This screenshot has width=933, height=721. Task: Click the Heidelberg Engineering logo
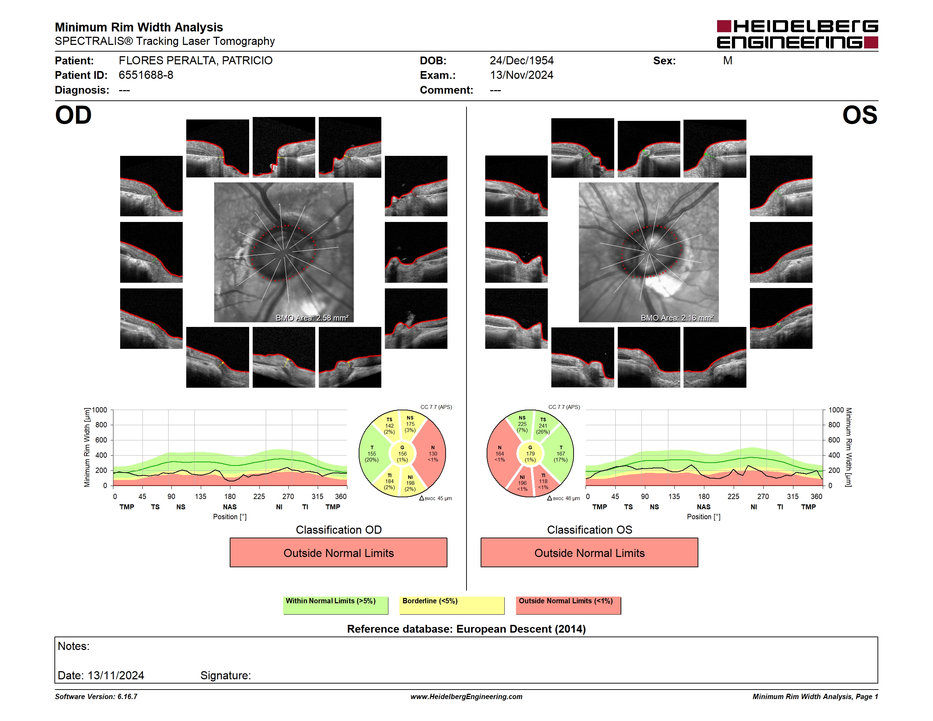[x=797, y=34]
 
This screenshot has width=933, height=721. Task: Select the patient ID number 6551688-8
[x=146, y=75]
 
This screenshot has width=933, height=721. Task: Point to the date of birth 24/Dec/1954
[x=522, y=61]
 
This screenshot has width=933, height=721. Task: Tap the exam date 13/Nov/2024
[x=522, y=75]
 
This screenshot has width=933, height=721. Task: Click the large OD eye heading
[x=74, y=115]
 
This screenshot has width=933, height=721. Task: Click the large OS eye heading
[x=860, y=115]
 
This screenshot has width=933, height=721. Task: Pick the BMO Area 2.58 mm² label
[x=312, y=318]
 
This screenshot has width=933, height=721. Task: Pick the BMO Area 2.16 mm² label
[x=677, y=318]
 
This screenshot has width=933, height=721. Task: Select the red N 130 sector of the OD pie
[x=432, y=453]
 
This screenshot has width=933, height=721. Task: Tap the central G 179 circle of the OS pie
[x=530, y=453]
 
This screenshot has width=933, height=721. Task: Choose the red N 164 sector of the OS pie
[x=500, y=453]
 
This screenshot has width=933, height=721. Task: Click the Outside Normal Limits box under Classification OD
[x=338, y=553]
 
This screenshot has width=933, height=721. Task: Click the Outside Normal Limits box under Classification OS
[x=589, y=553]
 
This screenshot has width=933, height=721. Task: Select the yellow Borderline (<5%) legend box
[x=452, y=605]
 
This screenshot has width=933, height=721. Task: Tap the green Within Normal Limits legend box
[x=335, y=605]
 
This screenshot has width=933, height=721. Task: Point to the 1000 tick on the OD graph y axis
[x=100, y=410]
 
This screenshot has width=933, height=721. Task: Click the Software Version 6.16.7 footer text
[x=96, y=697]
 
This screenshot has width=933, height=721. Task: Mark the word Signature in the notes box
[x=225, y=675]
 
